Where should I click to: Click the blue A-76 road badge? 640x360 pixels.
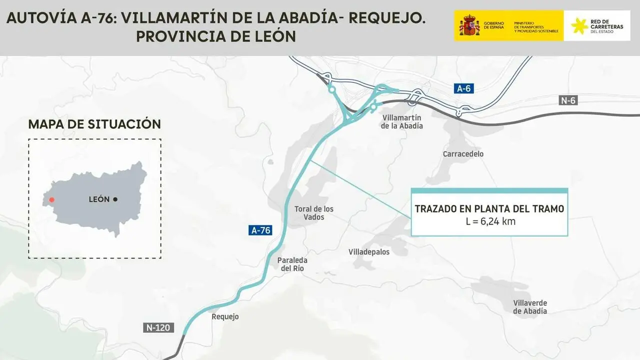(260, 230)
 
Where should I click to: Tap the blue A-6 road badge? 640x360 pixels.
(463, 88)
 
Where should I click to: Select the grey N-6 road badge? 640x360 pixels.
(568, 100)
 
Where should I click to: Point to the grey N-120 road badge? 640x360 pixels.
(159, 328)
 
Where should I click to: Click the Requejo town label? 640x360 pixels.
(225, 316)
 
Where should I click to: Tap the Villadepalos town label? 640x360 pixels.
(369, 252)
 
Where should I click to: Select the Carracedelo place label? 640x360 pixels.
(463, 154)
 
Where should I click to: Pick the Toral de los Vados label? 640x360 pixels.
(314, 213)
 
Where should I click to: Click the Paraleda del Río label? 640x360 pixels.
(292, 264)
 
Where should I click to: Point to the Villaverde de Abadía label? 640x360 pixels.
(530, 307)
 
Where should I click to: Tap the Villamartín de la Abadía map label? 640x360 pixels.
(402, 121)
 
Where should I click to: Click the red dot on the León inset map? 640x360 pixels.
(51, 199)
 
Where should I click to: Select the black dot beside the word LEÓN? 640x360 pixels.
(115, 199)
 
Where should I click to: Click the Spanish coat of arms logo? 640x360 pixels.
(469, 25)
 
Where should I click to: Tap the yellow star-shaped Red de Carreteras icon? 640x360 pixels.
(580, 26)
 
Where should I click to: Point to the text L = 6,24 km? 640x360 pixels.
(489, 221)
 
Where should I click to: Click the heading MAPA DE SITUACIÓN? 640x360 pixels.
(94, 124)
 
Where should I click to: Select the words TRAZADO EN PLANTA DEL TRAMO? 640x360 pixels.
(489, 208)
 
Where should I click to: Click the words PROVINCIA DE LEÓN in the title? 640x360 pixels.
(216, 36)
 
